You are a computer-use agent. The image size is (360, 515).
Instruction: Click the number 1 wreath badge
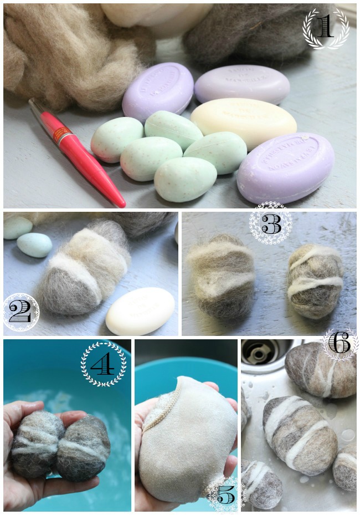point(326,28)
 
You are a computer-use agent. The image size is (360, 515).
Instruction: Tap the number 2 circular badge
point(20,312)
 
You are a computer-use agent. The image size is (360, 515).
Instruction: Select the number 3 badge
point(270,223)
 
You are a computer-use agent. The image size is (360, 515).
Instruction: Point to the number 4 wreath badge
point(104,364)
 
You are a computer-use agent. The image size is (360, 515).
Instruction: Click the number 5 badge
point(225,493)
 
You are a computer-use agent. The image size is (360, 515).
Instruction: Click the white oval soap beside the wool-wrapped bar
point(140,311)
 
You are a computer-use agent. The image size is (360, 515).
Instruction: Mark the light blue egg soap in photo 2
point(35,244)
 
